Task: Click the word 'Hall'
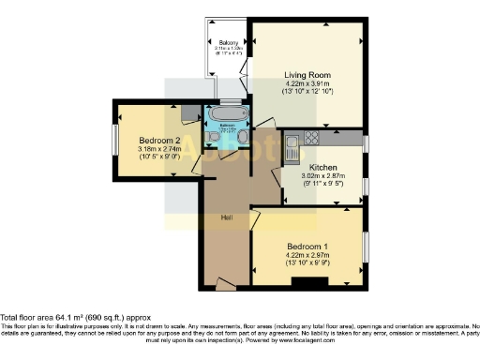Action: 226,217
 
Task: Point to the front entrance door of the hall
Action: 225,282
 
